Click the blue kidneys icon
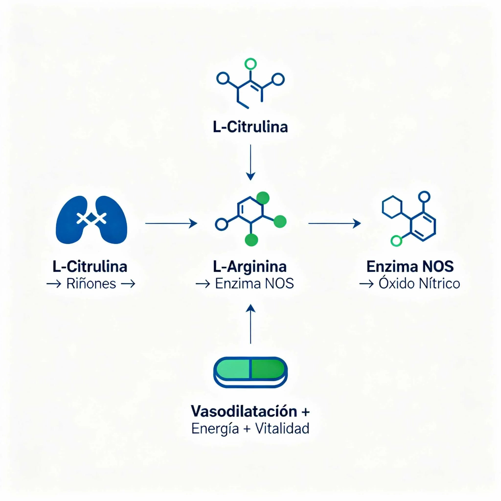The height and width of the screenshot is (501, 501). click(91, 220)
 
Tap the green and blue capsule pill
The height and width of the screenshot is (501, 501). click(250, 372)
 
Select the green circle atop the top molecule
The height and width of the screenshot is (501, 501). click(250, 64)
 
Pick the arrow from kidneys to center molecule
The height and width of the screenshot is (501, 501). click(171, 223)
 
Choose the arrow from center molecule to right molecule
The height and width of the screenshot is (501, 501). click(334, 223)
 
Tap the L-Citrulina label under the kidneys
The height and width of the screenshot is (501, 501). click(90, 267)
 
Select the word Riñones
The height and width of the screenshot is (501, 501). click(91, 284)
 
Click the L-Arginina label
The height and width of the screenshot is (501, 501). click(250, 267)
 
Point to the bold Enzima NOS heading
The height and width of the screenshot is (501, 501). click(410, 267)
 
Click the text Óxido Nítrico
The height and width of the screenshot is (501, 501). click(419, 284)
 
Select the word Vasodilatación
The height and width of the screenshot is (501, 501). click(244, 411)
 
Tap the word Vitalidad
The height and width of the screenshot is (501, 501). click(282, 428)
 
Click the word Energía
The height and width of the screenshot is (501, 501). click(215, 429)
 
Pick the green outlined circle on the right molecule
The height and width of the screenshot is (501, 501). click(396, 241)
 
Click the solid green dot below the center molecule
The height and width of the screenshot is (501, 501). click(251, 239)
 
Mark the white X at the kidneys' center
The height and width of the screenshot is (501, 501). click(91, 218)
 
